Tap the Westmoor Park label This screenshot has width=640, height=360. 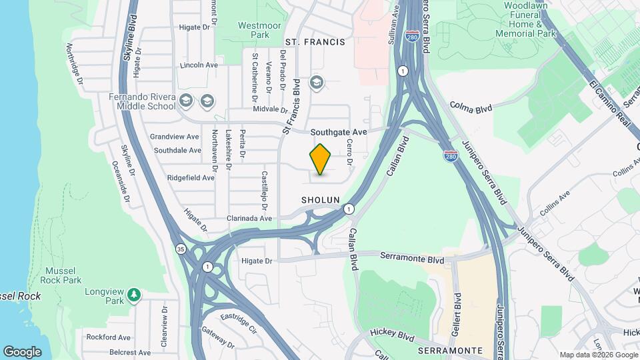[x=254, y=29]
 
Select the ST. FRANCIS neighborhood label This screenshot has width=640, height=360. [x=315, y=42]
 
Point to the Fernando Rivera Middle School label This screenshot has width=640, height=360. [x=142, y=101]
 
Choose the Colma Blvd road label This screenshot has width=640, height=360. [x=471, y=106]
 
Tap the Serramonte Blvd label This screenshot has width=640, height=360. [x=412, y=257]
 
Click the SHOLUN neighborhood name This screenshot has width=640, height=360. [x=321, y=200]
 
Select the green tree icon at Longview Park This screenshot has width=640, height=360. [x=134, y=294]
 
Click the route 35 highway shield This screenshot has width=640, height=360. [x=181, y=249]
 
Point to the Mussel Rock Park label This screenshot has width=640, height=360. [x=63, y=276]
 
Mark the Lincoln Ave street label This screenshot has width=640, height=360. [x=199, y=65]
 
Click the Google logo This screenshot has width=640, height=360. [x=22, y=351]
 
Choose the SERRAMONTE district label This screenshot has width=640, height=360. [x=450, y=350]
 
